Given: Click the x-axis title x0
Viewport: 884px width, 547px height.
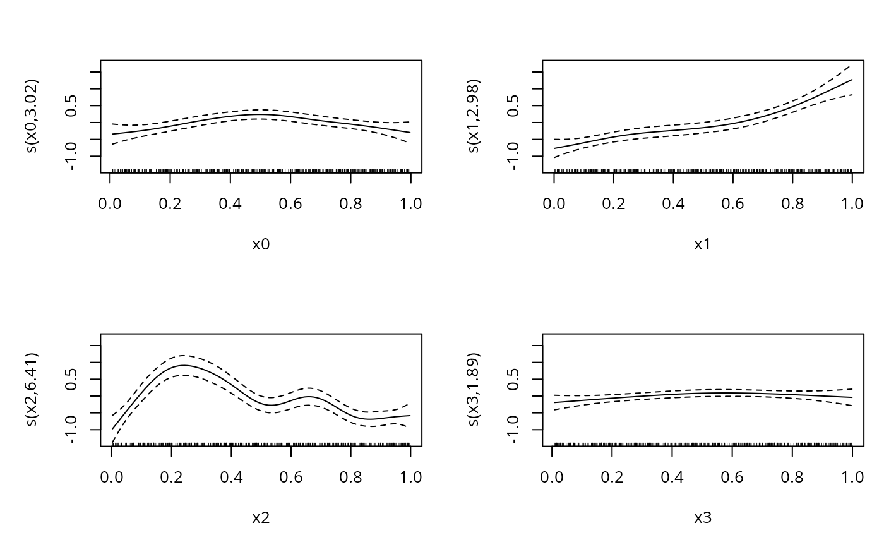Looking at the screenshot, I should point(261,244).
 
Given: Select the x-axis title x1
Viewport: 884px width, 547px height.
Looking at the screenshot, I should point(703,244).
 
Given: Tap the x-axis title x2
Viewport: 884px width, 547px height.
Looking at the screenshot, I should point(261,518).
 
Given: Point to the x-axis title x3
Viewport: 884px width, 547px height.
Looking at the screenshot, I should point(703,518).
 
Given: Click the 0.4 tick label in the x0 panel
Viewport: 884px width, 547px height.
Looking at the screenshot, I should point(230,203).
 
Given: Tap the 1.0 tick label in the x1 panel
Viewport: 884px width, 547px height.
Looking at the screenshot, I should point(852,203).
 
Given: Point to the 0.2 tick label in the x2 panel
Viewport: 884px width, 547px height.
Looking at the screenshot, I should point(171,477).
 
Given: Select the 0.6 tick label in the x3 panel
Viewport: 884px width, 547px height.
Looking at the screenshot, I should point(732,477).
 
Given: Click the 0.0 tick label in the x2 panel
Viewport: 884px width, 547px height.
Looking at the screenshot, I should point(112,477).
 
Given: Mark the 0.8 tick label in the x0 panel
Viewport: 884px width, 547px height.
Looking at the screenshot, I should point(350,203).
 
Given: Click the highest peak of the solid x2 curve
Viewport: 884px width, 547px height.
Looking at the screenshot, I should point(184,365).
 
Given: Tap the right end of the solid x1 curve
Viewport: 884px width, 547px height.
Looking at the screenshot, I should point(852,80).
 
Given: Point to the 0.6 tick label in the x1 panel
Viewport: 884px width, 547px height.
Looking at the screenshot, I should point(732,203).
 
